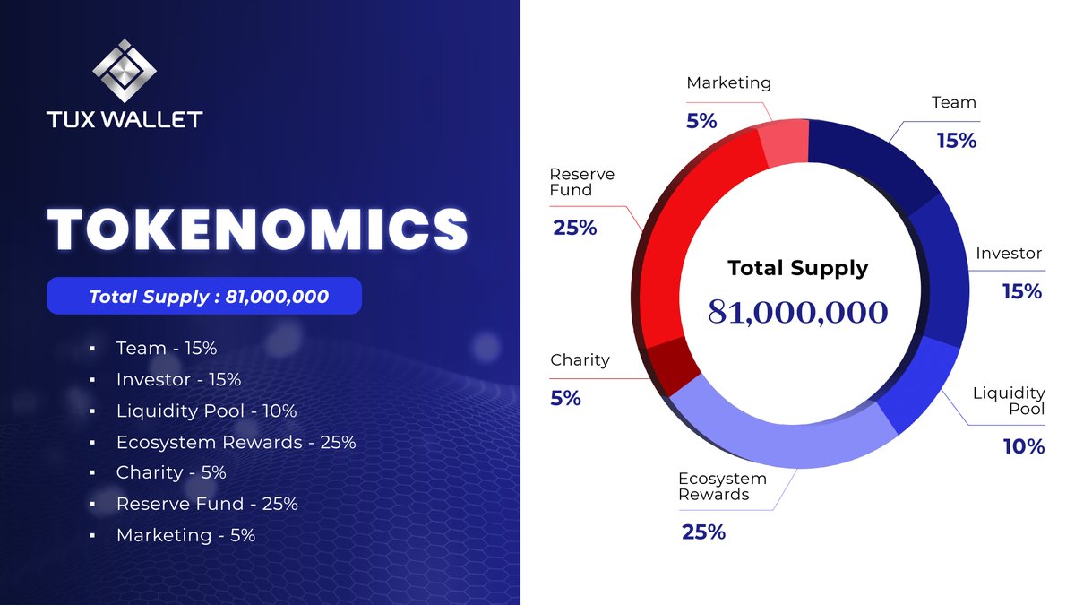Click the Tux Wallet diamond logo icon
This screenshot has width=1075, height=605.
click(125, 71)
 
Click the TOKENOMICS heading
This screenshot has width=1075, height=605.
click(258, 229)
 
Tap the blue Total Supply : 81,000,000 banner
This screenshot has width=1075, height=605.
click(204, 296)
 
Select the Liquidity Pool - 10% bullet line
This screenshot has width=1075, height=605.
click(206, 411)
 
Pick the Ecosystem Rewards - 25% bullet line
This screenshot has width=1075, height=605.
click(236, 442)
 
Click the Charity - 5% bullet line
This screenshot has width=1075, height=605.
click(170, 472)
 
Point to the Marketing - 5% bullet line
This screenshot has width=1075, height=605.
click(185, 535)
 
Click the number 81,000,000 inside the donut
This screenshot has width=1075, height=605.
click(798, 312)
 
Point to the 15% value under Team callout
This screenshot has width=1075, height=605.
click(956, 141)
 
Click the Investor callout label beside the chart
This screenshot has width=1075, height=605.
click(1010, 254)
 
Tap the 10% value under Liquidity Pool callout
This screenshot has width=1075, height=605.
click(1023, 446)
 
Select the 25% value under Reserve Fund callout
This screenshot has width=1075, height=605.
click(574, 228)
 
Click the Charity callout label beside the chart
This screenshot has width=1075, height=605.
click(580, 360)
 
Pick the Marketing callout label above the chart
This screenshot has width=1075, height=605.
click(728, 83)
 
